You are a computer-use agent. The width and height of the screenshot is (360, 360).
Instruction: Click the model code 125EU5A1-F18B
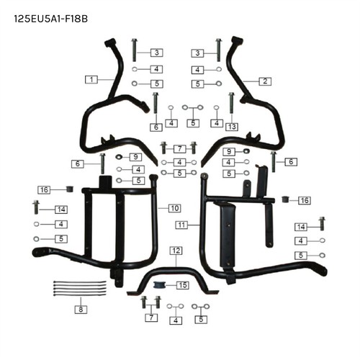[x=50, y=19]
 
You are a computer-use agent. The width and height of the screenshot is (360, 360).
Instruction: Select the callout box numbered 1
[x=91, y=79]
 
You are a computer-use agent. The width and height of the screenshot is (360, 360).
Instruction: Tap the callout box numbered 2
[x=265, y=81]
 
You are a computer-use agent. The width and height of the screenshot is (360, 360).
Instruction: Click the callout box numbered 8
[x=81, y=310]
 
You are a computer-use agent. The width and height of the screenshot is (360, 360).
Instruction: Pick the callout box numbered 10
[x=174, y=208]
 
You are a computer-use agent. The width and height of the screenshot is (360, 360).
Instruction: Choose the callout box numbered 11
[x=181, y=225]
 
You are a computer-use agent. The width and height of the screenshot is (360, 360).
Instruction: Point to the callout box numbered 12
[x=176, y=251]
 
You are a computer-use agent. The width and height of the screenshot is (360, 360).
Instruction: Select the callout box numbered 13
[x=232, y=127]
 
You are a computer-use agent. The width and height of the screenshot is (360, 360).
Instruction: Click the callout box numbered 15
[x=183, y=285]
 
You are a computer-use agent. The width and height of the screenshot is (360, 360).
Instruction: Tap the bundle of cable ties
[x=80, y=288]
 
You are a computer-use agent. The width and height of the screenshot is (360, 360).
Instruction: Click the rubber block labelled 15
[x=158, y=285]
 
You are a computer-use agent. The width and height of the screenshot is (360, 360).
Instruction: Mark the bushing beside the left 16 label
[x=70, y=189]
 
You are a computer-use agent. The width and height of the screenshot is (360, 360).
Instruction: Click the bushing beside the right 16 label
[x=285, y=199]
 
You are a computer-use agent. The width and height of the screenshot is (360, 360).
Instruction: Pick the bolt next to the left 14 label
[x=36, y=207]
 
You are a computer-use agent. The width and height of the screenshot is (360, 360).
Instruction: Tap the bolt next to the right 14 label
[x=322, y=224]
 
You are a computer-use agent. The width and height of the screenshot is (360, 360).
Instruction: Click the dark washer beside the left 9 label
[x=119, y=157]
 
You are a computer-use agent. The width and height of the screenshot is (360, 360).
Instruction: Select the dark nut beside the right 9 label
[x=246, y=151]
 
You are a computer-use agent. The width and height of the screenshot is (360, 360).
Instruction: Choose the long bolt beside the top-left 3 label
[x=134, y=50]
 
